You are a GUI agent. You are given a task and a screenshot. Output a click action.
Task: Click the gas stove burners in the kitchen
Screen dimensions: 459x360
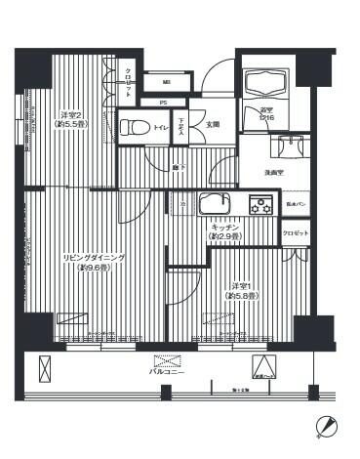261,205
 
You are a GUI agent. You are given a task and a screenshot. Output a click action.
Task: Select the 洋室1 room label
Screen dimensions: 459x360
237,285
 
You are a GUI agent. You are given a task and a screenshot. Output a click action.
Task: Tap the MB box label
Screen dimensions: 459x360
165,82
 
